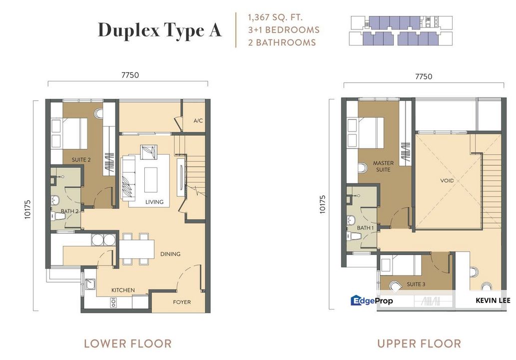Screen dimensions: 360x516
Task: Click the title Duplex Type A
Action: pos(159,30)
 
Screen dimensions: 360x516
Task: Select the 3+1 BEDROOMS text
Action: pos(283,30)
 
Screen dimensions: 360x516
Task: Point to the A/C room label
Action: pos(198,121)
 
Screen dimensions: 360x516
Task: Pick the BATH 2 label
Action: pos(70,211)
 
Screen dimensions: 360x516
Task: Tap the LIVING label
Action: pos(154,202)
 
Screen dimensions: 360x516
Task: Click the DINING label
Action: pos(170,254)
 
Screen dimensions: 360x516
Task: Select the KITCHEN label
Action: pos(123,290)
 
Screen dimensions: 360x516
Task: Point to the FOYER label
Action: pos(182,302)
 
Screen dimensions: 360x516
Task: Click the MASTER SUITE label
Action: pos(383,166)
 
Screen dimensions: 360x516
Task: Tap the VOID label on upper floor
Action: pos(447,180)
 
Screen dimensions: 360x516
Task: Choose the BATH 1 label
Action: pos(365,228)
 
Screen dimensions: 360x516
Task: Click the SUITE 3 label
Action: pos(416,284)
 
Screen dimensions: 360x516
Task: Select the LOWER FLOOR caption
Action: pos(127,344)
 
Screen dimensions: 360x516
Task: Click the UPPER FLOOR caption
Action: pos(419,344)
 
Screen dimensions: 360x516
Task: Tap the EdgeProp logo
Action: pos(372,300)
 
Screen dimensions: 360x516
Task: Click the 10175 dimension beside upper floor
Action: pos(323,204)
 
